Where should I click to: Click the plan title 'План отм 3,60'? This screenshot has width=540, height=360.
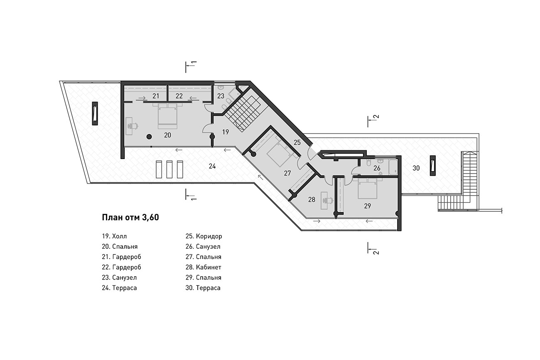pyautogui.click(x=130, y=218)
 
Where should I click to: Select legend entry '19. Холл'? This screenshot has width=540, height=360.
pyautogui.click(x=114, y=236)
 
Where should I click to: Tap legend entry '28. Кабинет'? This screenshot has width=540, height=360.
pyautogui.click(x=203, y=267)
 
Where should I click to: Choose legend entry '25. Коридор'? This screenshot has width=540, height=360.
pyautogui.click(x=204, y=236)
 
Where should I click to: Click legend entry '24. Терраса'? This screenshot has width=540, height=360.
pyautogui.click(x=119, y=288)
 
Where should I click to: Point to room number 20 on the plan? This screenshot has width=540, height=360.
pyautogui.click(x=167, y=135)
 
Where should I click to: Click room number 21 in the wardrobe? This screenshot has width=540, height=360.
pyautogui.click(x=156, y=96)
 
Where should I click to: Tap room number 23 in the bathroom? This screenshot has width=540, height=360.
pyautogui.click(x=221, y=96)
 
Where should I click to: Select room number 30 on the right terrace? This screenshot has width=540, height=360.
pyautogui.click(x=416, y=168)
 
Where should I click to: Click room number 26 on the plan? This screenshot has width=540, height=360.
pyautogui.click(x=377, y=168)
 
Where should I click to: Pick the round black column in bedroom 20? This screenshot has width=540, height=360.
pyautogui.click(x=149, y=137)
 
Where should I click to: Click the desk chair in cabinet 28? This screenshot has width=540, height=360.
pyautogui.click(x=328, y=200)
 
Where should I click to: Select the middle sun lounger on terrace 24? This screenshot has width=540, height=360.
pyautogui.click(x=169, y=169)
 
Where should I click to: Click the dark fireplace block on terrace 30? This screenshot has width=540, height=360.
pyautogui.click(x=433, y=166)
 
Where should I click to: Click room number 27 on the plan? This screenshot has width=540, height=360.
pyautogui.click(x=287, y=173)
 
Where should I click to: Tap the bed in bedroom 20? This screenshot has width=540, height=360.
pyautogui.click(x=167, y=116)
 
